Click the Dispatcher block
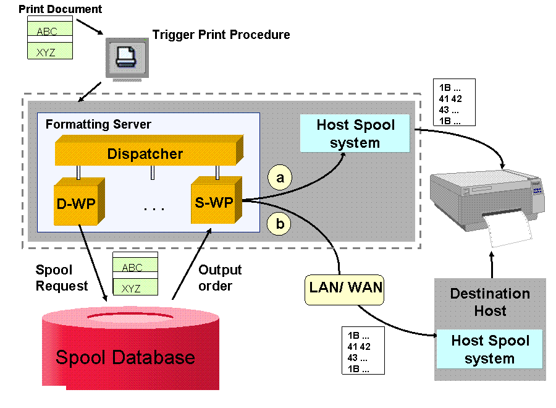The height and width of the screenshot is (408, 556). click(149, 150)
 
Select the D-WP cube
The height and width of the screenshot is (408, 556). click(79, 202)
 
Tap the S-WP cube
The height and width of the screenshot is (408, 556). click(216, 200)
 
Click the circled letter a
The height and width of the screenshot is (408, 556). click(280, 177)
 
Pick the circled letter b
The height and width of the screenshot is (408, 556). click(279, 224)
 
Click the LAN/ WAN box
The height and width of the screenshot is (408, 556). click(345, 289)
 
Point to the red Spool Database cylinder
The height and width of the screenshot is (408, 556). click(130, 349)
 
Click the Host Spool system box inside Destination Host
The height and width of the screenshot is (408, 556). click(490, 349)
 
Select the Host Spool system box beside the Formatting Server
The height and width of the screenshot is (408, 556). click(355, 134)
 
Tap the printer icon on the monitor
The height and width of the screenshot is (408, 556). click(127, 57)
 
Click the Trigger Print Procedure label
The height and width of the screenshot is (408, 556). click(221, 35)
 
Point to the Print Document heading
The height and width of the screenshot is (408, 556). click(61, 9)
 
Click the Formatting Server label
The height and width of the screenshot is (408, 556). click(99, 124)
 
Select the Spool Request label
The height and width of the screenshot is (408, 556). click(62, 278)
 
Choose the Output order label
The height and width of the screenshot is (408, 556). click(220, 278)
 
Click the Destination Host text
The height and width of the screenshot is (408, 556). click(490, 302)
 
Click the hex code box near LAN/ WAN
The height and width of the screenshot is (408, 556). click(363, 351)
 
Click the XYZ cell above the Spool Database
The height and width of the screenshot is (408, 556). click(135, 287)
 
